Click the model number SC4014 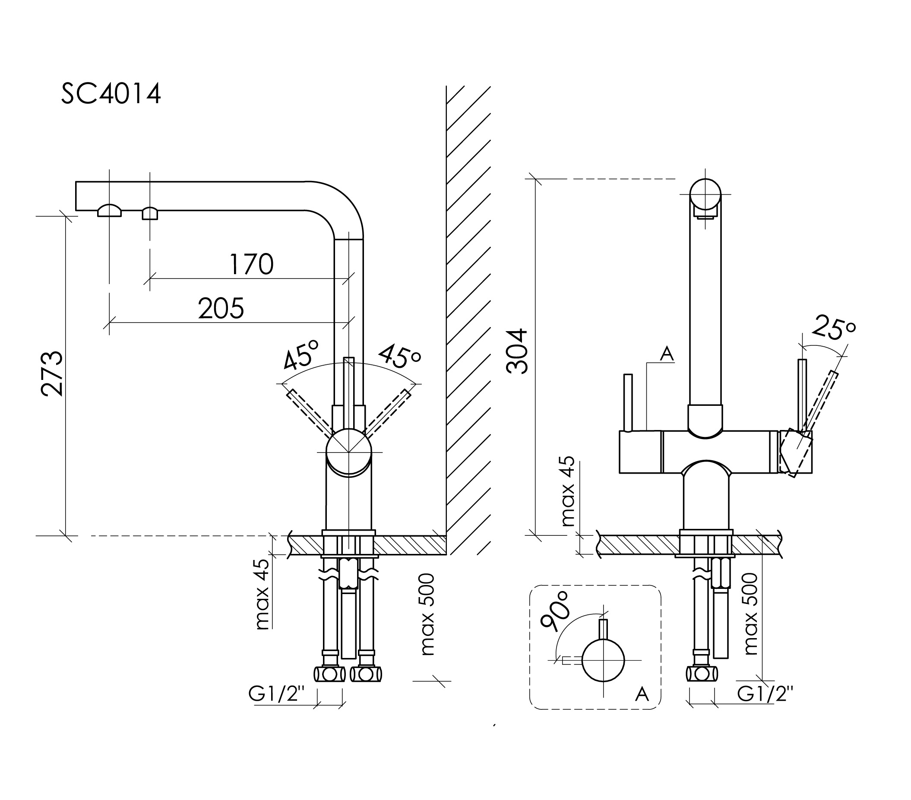tap(111, 95)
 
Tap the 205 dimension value tap(221, 308)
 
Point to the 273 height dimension tap(52, 373)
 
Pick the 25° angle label tap(833, 329)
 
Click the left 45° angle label tap(302, 355)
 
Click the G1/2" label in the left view tap(276, 694)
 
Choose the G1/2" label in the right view tap(765, 694)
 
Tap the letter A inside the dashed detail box tap(641, 694)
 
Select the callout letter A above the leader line tap(667, 354)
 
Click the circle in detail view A tap(603, 661)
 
